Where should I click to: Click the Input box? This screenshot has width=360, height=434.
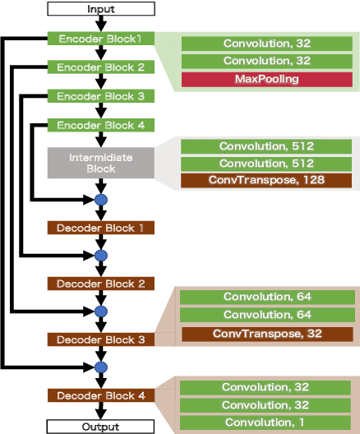pyautogui.click(x=101, y=9)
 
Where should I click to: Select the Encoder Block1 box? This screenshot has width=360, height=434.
pyautogui.click(x=101, y=39)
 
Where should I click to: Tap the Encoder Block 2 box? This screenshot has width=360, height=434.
pyautogui.click(x=101, y=67)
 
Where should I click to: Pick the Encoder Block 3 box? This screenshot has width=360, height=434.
pyautogui.click(x=101, y=96)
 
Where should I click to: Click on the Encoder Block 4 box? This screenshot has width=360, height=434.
pyautogui.click(x=101, y=125)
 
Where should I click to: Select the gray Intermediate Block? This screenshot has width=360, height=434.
pyautogui.click(x=101, y=162)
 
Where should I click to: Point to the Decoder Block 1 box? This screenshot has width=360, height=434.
pyautogui.click(x=101, y=227)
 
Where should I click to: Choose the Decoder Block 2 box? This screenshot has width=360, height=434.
pyautogui.click(x=101, y=284)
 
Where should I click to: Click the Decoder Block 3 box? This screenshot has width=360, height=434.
pyautogui.click(x=101, y=339)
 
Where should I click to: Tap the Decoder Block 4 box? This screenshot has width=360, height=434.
pyautogui.click(x=101, y=395)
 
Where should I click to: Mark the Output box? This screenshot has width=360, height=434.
pyautogui.click(x=101, y=427)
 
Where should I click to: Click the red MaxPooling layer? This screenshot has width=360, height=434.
pyautogui.click(x=266, y=79)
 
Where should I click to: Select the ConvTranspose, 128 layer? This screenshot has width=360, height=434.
pyautogui.click(x=266, y=179)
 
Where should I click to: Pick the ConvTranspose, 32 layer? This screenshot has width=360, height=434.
pyautogui.click(x=266, y=334)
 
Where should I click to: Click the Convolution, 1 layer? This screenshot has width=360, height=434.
pyautogui.click(x=266, y=422)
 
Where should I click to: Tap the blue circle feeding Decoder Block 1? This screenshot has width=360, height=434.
pyautogui.click(x=101, y=200)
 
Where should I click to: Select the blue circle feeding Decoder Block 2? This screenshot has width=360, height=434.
pyautogui.click(x=101, y=256)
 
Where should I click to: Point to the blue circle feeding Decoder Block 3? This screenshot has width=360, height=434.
pyautogui.click(x=101, y=312)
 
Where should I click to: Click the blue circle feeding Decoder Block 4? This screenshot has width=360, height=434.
pyautogui.click(x=101, y=367)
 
